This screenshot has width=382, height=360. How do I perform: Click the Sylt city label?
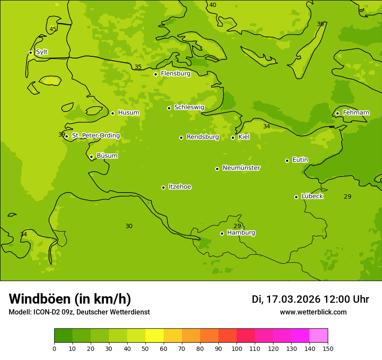(42, 52)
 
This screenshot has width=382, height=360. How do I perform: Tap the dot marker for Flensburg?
(155, 74)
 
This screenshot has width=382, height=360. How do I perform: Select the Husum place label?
(128, 113)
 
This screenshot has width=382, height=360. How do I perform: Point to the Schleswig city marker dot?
(169, 108)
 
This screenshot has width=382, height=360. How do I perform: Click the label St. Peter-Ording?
(95, 136)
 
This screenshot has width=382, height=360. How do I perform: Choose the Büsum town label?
(107, 156)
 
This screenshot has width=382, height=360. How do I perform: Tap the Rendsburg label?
(203, 137)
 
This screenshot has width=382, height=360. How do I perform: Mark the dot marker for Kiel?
(233, 137)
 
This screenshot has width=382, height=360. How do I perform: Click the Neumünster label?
(241, 168)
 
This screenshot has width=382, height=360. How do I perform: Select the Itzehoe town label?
(180, 187)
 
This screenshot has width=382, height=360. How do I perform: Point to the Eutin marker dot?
(287, 160)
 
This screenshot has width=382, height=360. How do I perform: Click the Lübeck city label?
(312, 196)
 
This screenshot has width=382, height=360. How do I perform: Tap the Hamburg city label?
(241, 233)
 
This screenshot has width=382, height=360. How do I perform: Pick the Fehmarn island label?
(356, 113)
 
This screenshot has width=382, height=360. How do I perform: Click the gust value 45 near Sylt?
(53, 29)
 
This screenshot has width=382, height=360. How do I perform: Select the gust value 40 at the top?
(213, 5)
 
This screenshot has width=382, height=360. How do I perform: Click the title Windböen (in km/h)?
(70, 299)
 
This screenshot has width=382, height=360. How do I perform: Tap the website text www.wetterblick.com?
(313, 312)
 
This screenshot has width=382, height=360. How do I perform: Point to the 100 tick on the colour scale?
(237, 348)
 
